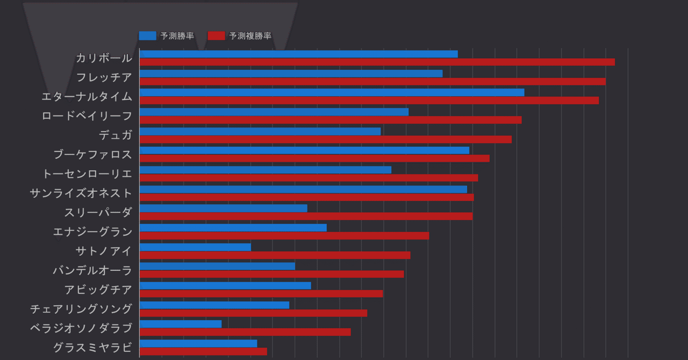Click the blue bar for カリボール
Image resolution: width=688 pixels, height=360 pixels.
coord(298,54)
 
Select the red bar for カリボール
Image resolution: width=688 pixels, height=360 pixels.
coord(377,62)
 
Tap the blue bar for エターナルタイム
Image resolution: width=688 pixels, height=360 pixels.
coord(332,92)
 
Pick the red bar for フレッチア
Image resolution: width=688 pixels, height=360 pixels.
coord(372,82)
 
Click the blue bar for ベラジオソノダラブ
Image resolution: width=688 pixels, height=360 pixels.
coord(181,324)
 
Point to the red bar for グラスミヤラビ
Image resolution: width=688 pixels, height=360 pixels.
coord(203,351)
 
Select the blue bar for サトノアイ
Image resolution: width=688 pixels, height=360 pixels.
coord(195,247)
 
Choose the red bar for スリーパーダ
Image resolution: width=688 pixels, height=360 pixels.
coord(306,216)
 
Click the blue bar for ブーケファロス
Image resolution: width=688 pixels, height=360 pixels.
coord(304,150)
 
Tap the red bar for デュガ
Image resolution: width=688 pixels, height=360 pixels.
coord(325,139)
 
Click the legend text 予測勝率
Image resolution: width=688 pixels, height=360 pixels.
coord(177,36)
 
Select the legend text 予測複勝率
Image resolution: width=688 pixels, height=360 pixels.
coord(250,36)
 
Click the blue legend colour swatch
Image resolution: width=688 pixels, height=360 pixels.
coord(147,36)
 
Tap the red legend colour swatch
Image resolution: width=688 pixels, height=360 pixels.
coord(216,36)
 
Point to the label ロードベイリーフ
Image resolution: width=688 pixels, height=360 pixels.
coord(87,116)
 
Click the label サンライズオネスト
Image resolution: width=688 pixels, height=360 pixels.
coord(81,193)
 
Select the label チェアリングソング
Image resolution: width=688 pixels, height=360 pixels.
coord(81,309)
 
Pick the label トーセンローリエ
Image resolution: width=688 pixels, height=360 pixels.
coord(87,174)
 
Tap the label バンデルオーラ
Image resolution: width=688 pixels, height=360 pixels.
coord(92,270)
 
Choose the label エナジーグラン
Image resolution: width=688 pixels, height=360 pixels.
coord(92,232)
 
